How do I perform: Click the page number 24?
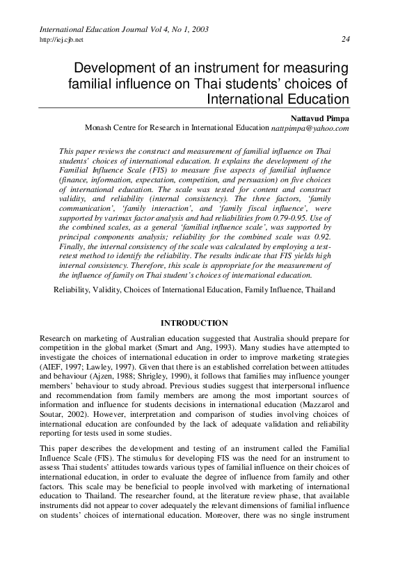point(345,39)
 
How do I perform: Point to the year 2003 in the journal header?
point(198,29)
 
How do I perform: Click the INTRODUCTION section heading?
point(194,323)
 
